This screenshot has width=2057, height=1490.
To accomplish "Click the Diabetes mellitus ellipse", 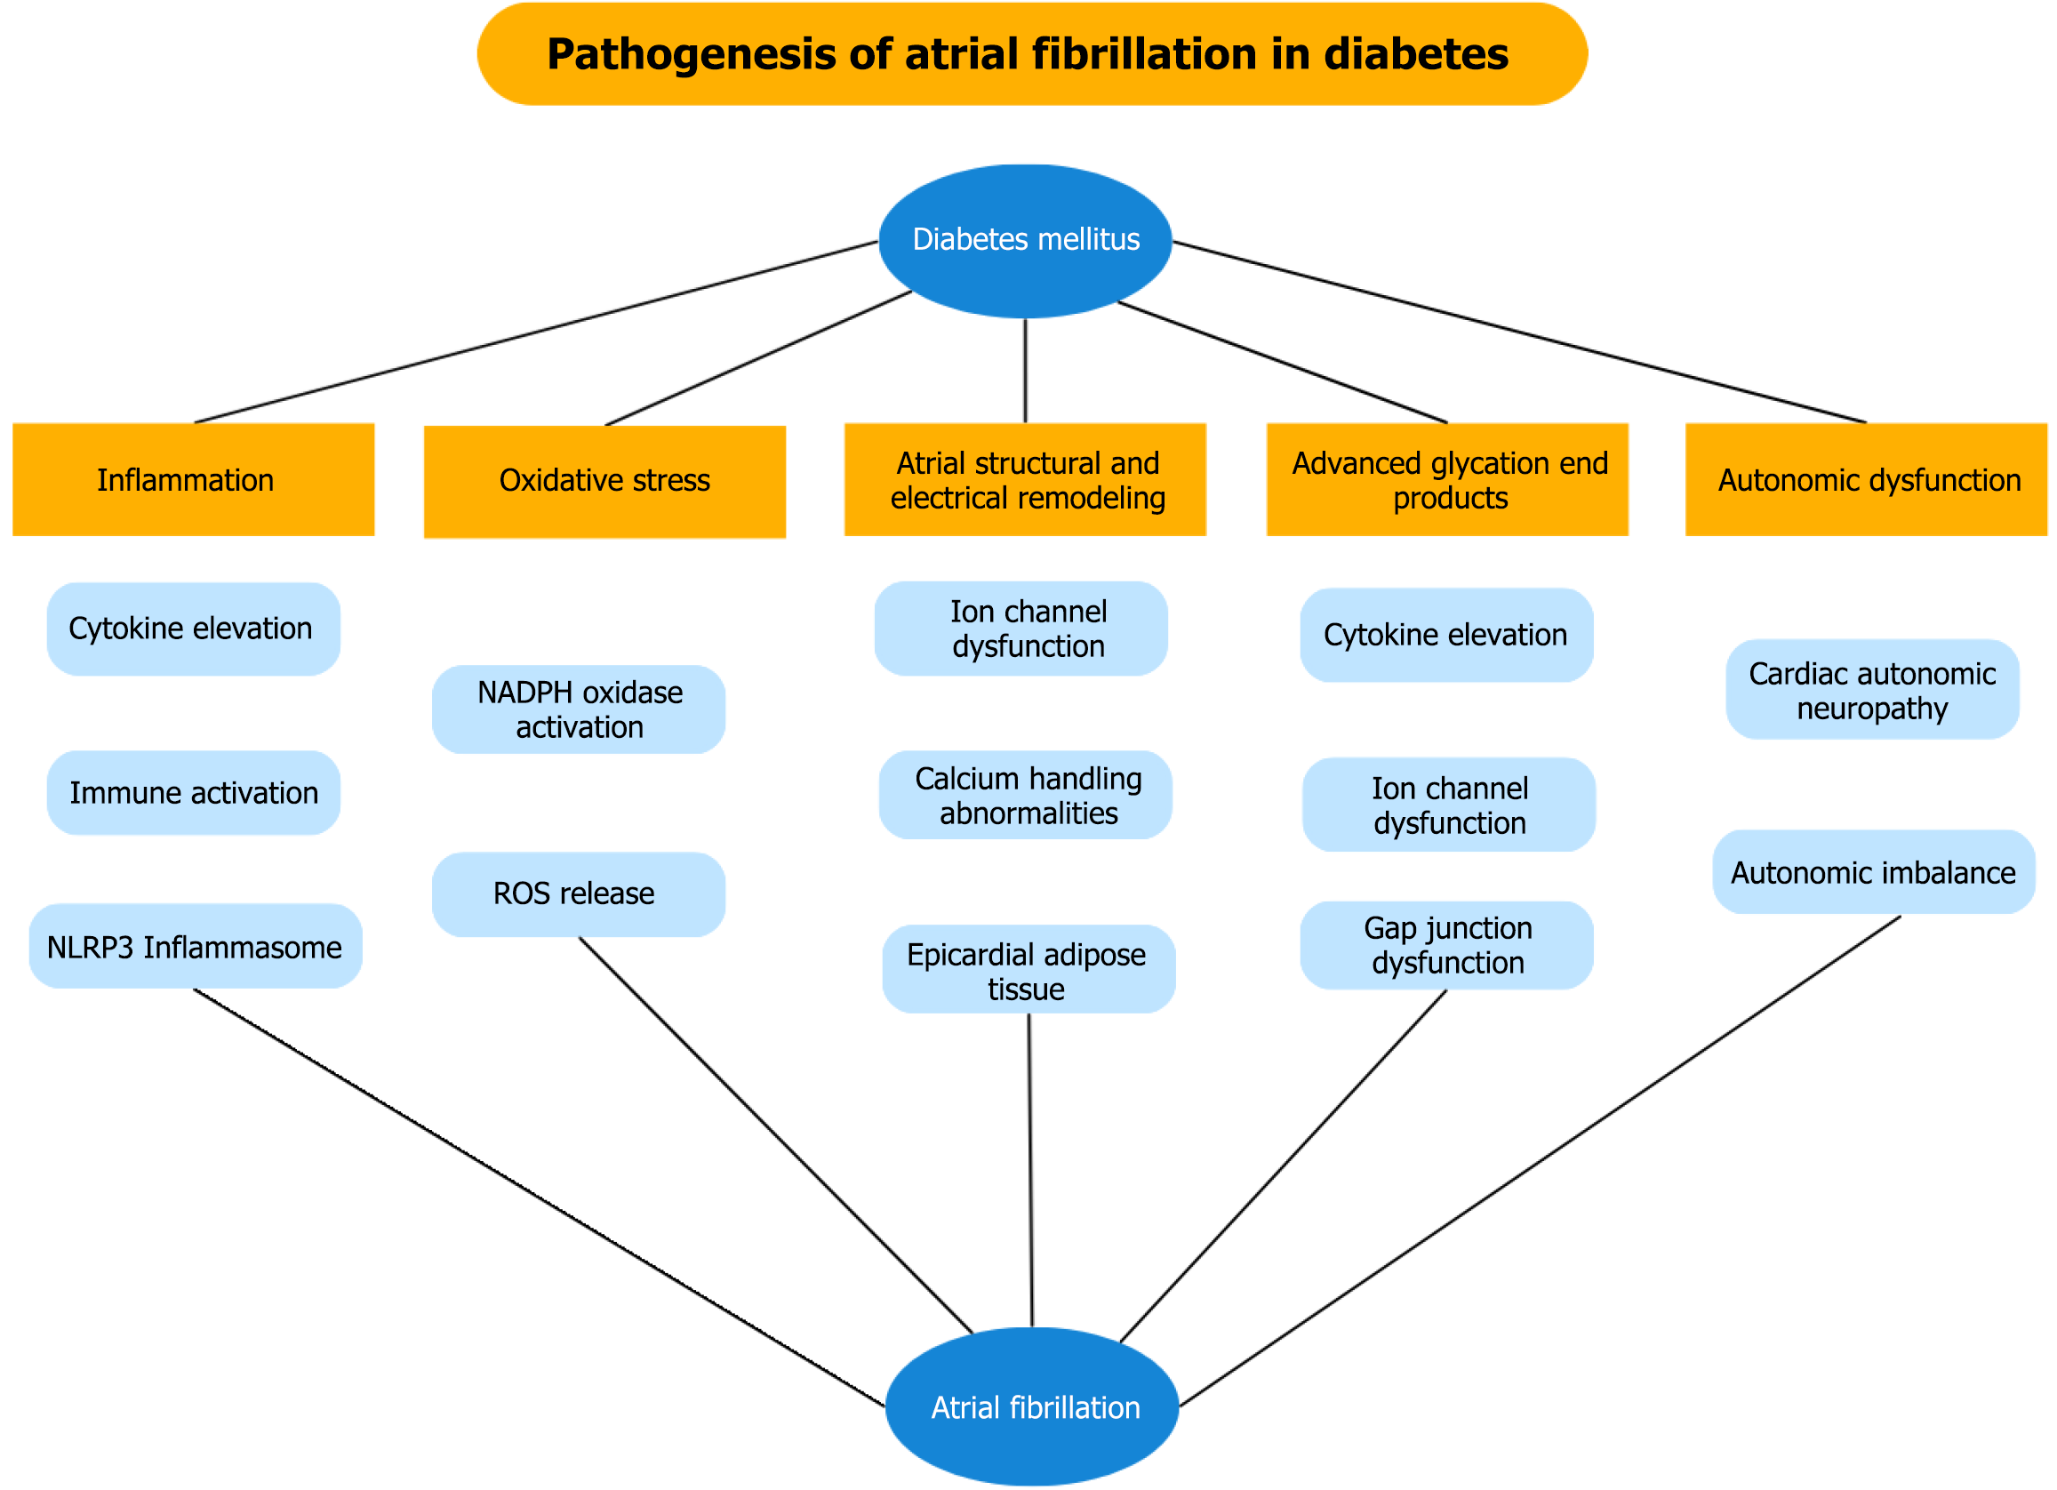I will (x=1025, y=240).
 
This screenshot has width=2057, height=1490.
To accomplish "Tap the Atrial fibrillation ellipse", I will (x=1032, y=1406).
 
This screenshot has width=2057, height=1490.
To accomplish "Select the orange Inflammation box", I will (x=193, y=480).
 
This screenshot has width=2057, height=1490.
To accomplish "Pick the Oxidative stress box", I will (x=605, y=482).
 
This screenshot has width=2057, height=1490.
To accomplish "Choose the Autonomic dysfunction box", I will (x=1866, y=480).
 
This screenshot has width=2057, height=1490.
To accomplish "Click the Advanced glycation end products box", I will (x=1447, y=480).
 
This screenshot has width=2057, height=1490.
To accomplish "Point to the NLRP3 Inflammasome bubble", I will (x=195, y=946).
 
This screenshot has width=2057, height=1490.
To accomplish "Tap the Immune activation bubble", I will (x=193, y=793).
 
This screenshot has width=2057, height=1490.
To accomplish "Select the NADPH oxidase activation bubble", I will (x=579, y=709).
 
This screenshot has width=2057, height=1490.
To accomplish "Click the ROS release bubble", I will (x=579, y=894).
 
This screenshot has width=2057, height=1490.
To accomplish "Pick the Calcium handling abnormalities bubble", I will (x=1025, y=796).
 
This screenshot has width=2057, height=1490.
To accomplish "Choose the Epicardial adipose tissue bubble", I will (x=1028, y=969).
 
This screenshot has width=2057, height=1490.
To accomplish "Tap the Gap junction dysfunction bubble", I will (x=1446, y=945).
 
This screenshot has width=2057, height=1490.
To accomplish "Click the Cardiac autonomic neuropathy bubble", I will (x=1872, y=690).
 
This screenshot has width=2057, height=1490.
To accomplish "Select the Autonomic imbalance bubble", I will (x=1874, y=872).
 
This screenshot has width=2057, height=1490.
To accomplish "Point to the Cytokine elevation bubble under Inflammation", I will (x=193, y=629).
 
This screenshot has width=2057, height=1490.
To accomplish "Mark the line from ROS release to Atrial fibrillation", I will (x=775, y=1134).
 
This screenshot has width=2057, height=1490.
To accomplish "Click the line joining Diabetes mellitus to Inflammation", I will (x=535, y=332).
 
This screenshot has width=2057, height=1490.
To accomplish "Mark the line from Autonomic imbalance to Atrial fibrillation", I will (x=1541, y=1160).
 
